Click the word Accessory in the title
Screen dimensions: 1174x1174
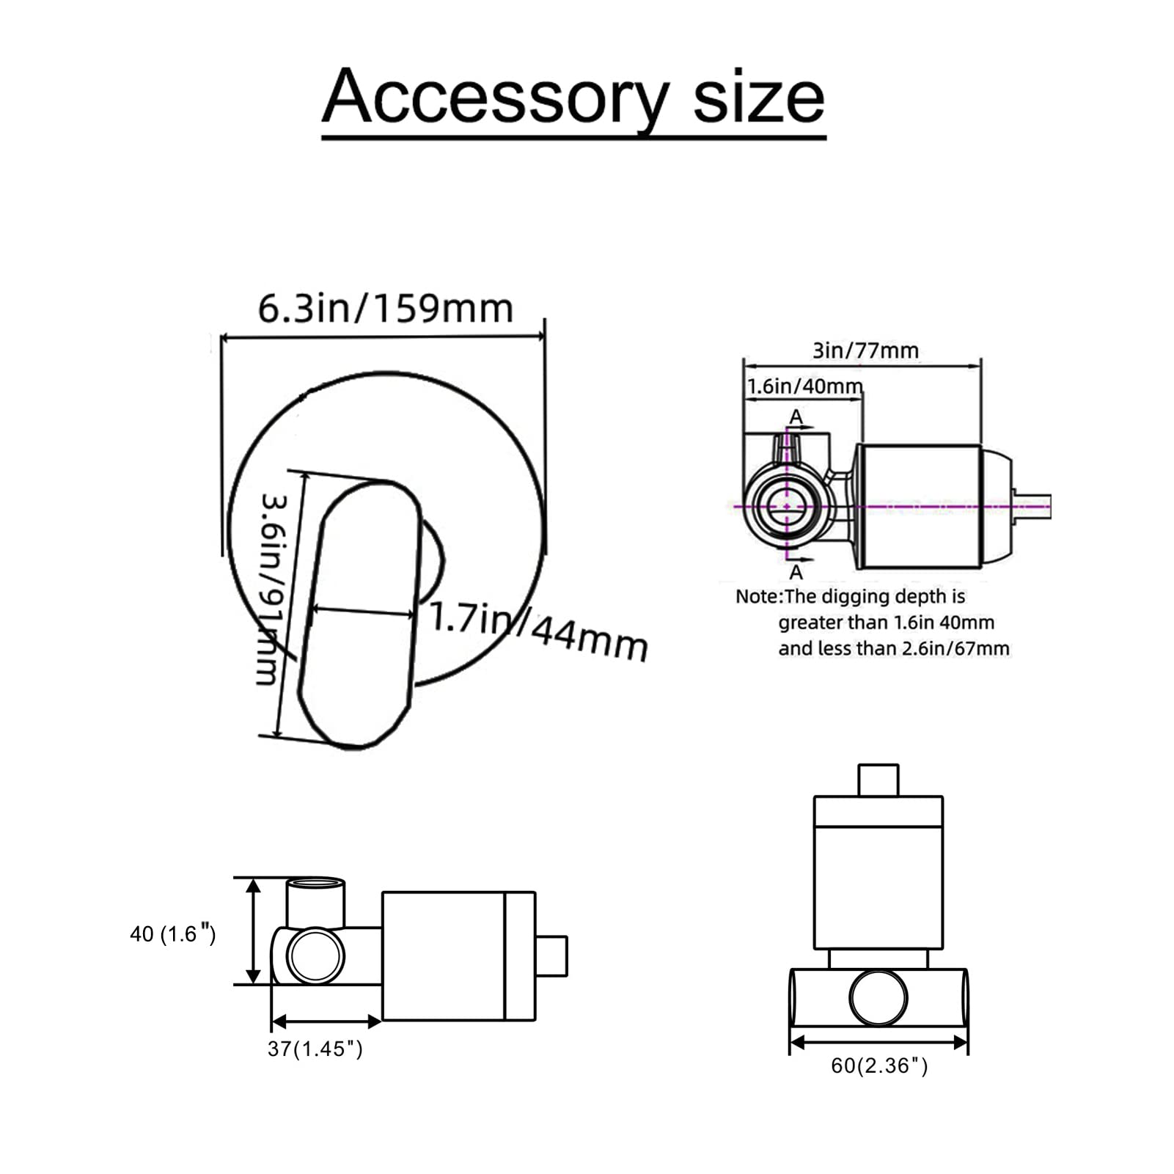(496, 98)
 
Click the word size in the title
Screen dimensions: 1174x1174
(758, 98)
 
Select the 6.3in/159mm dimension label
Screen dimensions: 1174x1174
(385, 309)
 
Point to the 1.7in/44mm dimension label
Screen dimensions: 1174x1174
(539, 629)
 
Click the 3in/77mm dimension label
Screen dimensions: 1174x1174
(865, 351)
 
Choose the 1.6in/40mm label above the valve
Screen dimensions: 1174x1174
(804, 386)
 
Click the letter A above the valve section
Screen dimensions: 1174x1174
(796, 417)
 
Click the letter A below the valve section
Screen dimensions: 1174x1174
(796, 571)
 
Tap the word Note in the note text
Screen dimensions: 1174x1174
(757, 596)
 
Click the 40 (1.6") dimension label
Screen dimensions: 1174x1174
(173, 933)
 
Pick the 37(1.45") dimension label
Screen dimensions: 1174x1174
(315, 1049)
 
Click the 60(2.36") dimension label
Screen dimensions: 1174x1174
(879, 1065)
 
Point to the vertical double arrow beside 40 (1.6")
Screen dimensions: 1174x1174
(253, 931)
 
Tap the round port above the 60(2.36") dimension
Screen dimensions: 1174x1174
(878, 997)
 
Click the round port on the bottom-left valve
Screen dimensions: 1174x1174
(315, 955)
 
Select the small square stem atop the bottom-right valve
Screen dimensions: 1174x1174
(878, 780)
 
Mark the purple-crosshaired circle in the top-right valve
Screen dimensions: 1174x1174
(788, 506)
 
